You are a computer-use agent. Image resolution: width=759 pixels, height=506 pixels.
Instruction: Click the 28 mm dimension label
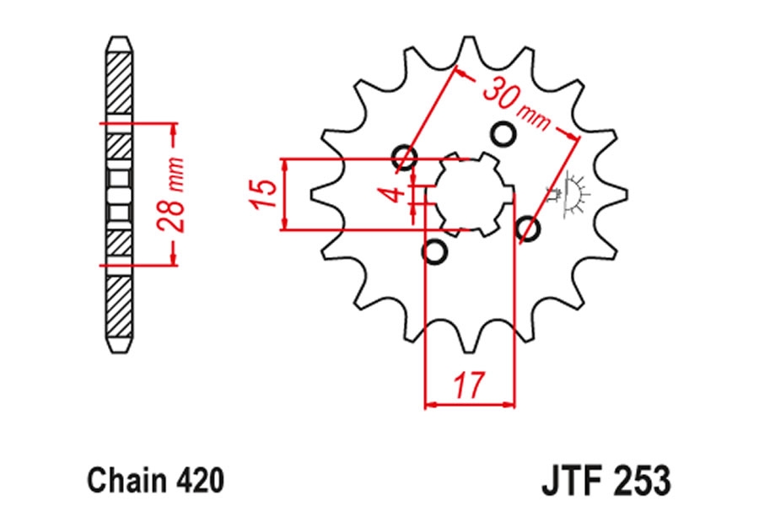point(172,194)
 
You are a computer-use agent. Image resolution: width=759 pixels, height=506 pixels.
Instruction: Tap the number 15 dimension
point(263,194)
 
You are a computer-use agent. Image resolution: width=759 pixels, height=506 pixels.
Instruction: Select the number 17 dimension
point(469,384)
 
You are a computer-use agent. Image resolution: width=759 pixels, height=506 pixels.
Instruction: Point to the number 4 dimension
point(396,194)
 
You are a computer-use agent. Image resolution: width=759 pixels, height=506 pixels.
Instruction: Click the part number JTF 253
point(606,480)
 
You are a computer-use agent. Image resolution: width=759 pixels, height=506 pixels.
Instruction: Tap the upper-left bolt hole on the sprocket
point(405,156)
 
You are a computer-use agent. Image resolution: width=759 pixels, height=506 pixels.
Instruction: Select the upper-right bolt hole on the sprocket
point(503,133)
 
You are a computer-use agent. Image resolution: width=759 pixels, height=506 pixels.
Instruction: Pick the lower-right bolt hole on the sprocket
point(527,229)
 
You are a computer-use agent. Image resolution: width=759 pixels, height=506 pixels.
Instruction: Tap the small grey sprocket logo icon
point(569,194)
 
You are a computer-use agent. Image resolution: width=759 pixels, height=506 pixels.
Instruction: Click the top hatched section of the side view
point(119,83)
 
